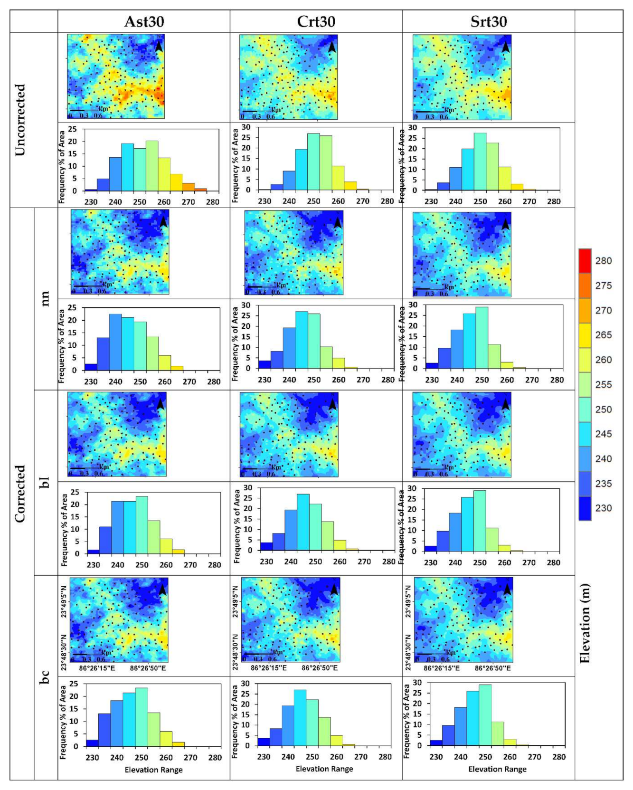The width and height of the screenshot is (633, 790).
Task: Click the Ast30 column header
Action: [x=144, y=21]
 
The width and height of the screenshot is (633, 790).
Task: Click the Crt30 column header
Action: [x=316, y=21]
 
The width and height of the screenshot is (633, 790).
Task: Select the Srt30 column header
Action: [x=488, y=21]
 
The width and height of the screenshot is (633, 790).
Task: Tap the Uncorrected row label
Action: [x=20, y=120]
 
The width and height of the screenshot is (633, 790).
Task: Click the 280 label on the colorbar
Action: [x=603, y=261]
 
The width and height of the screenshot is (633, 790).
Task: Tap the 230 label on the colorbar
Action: [x=603, y=508]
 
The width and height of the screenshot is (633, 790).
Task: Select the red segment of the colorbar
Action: [x=585, y=261]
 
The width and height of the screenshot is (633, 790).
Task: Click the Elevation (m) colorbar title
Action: [x=585, y=623]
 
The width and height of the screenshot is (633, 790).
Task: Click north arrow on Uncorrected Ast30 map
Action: [x=159, y=46]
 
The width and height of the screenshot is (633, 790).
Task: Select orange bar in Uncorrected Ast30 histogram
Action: [x=189, y=187]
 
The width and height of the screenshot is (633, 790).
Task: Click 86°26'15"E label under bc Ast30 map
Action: [x=97, y=668]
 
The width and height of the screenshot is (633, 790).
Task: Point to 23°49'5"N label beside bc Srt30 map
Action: [x=408, y=601]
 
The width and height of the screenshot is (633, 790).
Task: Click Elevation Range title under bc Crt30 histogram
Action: [x=324, y=769]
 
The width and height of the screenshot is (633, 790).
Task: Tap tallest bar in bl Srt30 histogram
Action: [x=480, y=521]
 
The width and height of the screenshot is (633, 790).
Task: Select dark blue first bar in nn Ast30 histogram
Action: [x=91, y=367]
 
